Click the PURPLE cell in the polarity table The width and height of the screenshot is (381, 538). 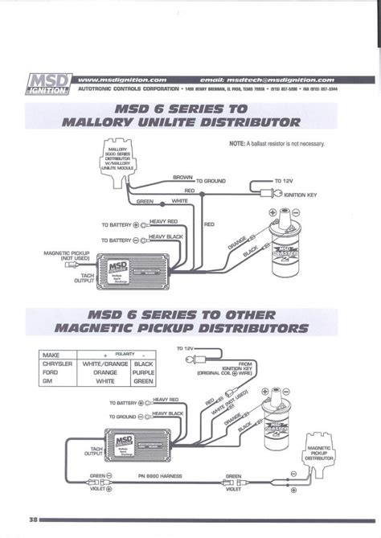tap(142, 372)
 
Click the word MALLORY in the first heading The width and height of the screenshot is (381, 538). tap(110, 123)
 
